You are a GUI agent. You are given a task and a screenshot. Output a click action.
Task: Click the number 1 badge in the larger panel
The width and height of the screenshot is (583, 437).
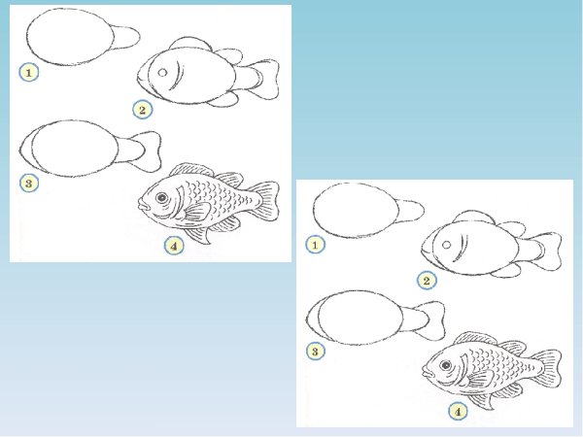[29, 73]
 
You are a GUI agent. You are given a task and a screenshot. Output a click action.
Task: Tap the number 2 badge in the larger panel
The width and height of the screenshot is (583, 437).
[143, 110]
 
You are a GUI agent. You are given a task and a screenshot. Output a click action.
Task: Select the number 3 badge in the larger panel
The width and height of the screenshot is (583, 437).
[29, 183]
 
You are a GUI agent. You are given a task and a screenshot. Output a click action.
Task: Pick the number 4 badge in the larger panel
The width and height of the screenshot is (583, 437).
[174, 246]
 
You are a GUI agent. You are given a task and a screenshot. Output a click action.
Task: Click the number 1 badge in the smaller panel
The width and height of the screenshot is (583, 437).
[315, 245]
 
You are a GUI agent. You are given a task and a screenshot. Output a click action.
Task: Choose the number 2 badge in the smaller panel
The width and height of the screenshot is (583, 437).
[427, 281]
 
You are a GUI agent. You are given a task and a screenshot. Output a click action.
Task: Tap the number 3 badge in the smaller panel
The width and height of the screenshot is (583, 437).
[315, 351]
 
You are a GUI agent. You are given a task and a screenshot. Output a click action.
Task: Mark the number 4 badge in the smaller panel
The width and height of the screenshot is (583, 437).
[458, 412]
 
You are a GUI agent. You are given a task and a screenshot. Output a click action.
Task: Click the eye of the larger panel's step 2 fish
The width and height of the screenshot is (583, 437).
[162, 73]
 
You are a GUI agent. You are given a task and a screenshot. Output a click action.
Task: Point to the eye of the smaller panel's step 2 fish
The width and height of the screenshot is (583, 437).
[447, 245]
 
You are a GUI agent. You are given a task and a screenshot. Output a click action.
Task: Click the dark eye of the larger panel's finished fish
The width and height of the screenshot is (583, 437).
[161, 197]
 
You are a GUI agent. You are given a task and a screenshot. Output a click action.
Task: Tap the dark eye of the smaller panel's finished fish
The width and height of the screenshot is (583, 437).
[445, 365]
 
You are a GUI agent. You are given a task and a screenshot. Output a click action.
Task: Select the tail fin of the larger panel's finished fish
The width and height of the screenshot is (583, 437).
[264, 202]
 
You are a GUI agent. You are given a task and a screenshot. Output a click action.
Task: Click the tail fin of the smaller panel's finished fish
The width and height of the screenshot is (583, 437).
[547, 369]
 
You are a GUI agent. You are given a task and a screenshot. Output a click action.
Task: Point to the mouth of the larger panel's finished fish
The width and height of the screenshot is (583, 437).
[142, 205]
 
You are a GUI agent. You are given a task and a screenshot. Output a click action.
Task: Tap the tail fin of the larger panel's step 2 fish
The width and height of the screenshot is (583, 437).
[264, 80]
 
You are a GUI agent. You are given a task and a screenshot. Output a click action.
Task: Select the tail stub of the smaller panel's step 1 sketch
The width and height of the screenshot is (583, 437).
[411, 211]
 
